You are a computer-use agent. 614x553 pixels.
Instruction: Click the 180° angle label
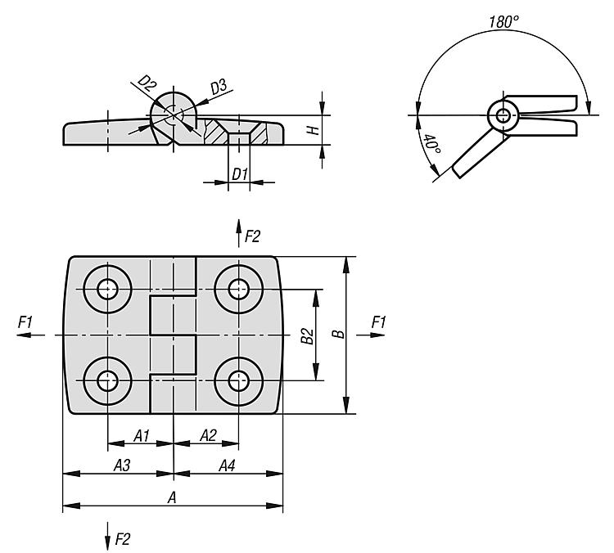[x=503, y=22]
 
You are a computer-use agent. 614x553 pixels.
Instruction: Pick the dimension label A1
[x=141, y=436]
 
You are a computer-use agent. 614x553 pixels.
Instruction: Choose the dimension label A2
[x=207, y=436]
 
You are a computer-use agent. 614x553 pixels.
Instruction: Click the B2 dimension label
[x=306, y=335]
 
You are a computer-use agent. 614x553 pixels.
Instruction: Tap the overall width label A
[x=171, y=497]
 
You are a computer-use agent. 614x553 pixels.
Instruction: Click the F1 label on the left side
[x=25, y=323]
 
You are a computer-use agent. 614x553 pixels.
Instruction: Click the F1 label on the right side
[x=378, y=323]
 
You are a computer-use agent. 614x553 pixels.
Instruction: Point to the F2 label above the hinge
[x=251, y=236]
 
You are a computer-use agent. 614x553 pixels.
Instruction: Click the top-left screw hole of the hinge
[x=107, y=288]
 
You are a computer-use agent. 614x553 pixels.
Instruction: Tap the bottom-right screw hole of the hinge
[x=238, y=380]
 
